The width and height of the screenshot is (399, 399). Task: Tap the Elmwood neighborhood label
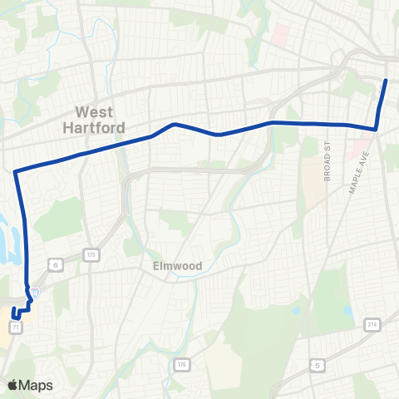(x=177, y=266)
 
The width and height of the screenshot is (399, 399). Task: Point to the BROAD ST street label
(x=328, y=160)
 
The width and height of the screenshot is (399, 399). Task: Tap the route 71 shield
(x=17, y=328)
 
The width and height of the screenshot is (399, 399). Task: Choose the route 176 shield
(x=181, y=364)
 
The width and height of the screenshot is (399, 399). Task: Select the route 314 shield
(x=369, y=324)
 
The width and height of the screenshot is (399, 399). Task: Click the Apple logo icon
(x=12, y=385)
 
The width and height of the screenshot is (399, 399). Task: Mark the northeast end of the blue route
(x=387, y=80)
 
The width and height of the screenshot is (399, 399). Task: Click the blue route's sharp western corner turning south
(x=16, y=172)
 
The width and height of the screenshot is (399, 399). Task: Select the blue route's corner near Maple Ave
(x=376, y=129)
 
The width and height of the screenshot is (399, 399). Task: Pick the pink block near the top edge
(x=280, y=35)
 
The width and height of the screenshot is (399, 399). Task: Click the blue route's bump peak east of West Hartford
(x=174, y=125)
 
